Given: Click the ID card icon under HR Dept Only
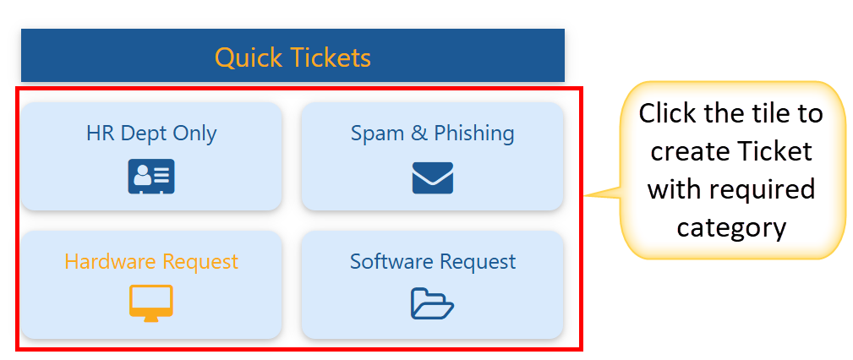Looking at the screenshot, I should [151, 176].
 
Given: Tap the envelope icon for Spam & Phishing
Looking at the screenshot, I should [432, 177].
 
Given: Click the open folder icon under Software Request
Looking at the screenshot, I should [432, 303].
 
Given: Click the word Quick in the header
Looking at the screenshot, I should [249, 57].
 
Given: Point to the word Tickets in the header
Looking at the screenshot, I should [331, 57].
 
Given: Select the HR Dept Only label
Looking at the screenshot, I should [151, 134].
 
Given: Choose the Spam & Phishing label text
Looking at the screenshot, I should [432, 134].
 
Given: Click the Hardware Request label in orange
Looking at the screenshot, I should [151, 262].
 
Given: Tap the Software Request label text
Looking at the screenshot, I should [432, 262].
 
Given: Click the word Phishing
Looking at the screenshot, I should [474, 134].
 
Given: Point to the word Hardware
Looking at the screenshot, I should [102, 262].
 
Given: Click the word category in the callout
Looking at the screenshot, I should [731, 227].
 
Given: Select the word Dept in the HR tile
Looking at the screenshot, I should [141, 134].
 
